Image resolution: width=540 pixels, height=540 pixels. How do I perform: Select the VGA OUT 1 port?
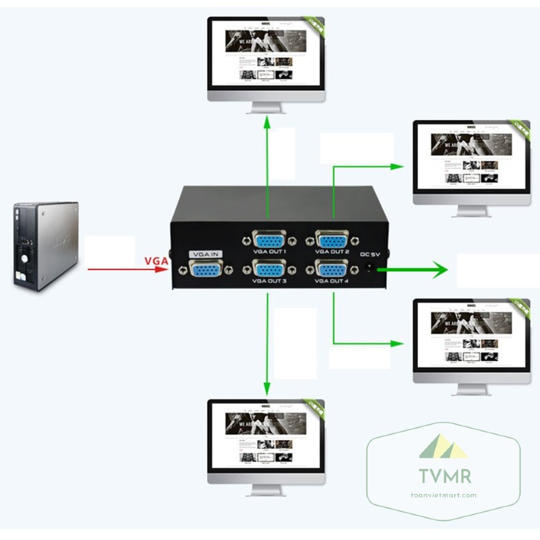[269, 241]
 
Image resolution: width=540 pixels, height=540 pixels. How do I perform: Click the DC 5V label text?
[370, 255]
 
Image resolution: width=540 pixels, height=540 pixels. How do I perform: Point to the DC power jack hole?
[371, 269]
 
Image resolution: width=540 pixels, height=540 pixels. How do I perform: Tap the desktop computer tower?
[46, 245]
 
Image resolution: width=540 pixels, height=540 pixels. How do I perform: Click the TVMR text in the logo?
[443, 475]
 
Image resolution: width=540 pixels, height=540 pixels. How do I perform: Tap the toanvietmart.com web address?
[443, 496]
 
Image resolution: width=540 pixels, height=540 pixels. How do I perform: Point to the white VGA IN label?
[205, 254]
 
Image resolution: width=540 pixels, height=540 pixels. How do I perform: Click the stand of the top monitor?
[266, 108]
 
